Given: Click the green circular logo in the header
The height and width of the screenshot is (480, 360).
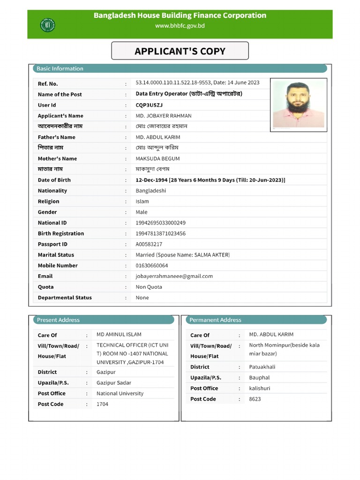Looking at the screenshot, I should [x=47, y=25].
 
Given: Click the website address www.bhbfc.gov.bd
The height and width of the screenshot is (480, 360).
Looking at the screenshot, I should [x=180, y=26].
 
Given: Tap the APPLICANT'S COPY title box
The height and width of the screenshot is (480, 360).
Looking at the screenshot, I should [x=180, y=51].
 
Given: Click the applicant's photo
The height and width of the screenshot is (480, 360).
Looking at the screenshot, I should [x=299, y=104].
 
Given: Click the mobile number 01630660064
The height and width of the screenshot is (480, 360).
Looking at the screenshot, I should [x=152, y=265].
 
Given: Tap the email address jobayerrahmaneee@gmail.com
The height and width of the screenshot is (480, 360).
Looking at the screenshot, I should [x=174, y=276].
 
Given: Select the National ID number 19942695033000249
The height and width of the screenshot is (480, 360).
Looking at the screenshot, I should [x=160, y=223].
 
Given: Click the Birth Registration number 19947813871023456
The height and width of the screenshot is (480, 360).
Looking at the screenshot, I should [x=160, y=233].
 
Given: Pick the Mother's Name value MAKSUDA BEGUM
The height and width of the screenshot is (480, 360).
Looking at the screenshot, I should [x=157, y=158].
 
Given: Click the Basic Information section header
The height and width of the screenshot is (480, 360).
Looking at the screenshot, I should [x=60, y=68].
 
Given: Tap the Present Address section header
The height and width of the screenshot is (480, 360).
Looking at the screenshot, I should [x=58, y=320].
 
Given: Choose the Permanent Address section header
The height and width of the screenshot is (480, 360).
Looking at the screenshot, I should [x=215, y=320].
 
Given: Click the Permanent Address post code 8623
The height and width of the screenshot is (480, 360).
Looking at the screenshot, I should [x=255, y=399].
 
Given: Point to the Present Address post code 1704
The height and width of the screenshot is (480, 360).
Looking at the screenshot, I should [x=102, y=404].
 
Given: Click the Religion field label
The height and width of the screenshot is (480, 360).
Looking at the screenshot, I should [x=49, y=202].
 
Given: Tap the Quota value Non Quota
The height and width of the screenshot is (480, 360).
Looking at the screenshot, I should [x=149, y=287].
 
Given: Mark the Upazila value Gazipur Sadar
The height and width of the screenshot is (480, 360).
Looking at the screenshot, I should [x=114, y=383].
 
